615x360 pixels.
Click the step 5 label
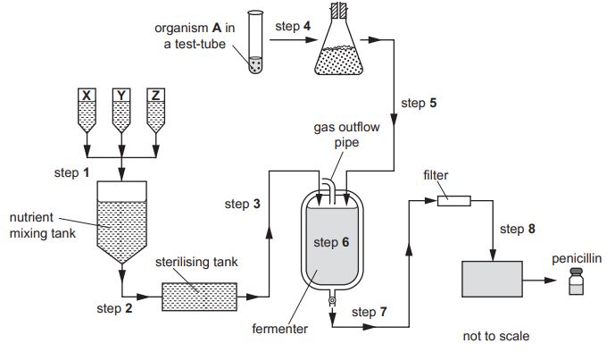point(419,103)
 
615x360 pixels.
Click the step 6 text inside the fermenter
point(332,240)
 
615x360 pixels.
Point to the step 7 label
point(370,312)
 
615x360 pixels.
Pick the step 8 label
point(518,229)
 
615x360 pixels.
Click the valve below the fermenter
point(332,301)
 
